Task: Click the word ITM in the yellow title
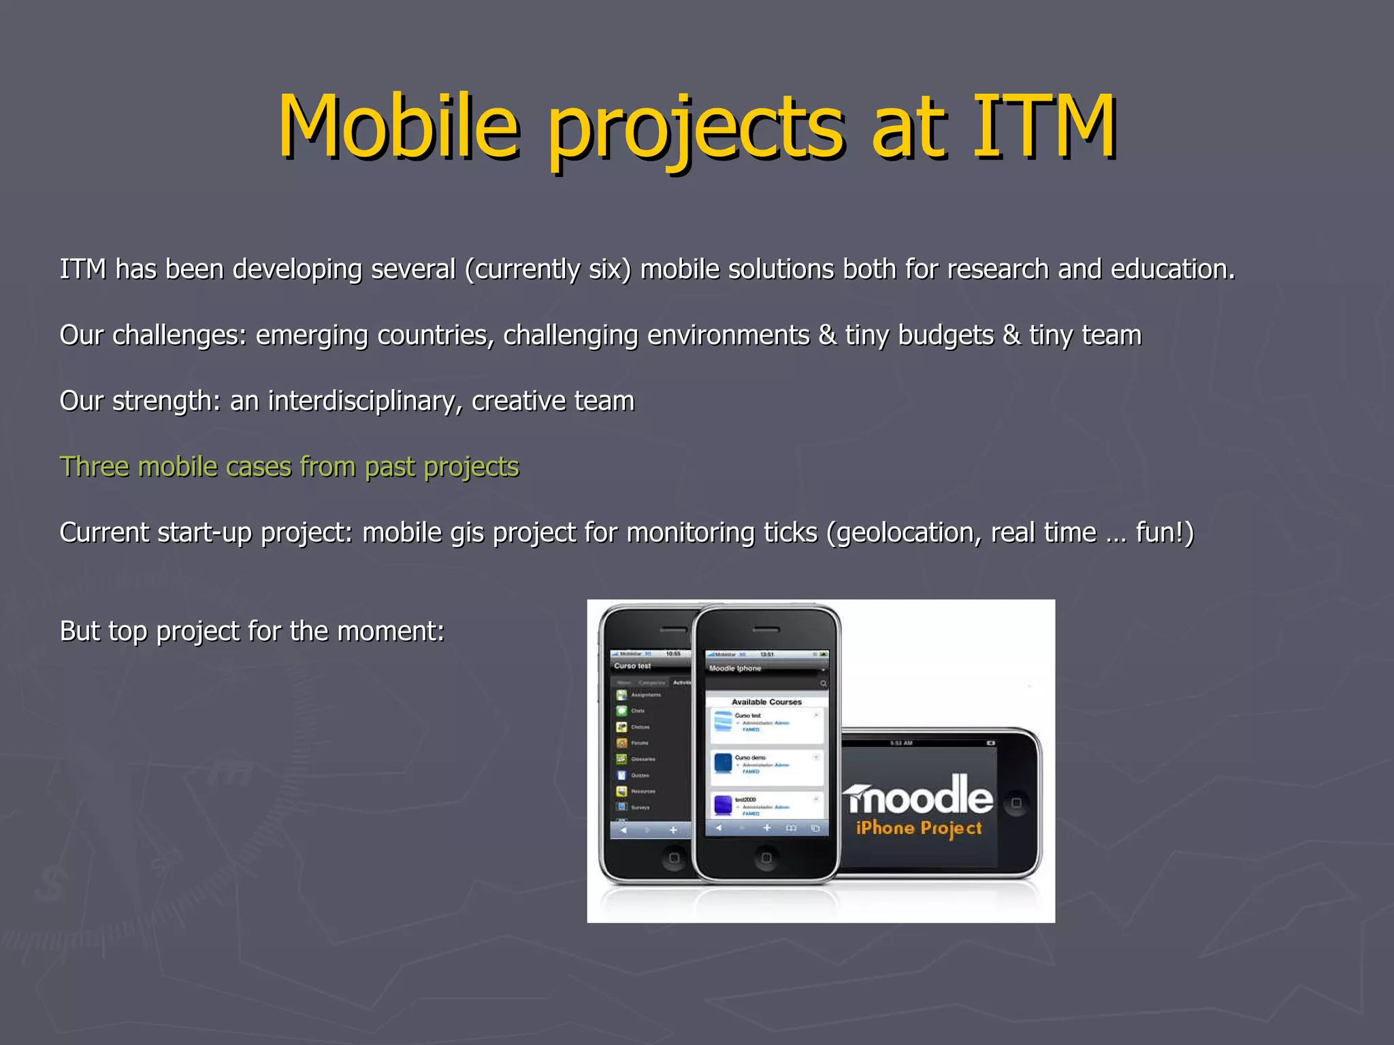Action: [x=1044, y=127]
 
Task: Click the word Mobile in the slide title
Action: [x=398, y=127]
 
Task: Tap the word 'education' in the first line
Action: [x=1172, y=269]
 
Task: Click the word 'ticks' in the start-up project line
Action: [x=790, y=533]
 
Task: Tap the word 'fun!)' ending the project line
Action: [x=1165, y=533]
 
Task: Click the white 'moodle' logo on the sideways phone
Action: [x=918, y=797]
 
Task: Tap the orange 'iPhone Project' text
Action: [x=919, y=828]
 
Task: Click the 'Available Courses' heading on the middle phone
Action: [x=766, y=701]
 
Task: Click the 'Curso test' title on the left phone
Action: [x=632, y=666]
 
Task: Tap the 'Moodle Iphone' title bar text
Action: [x=735, y=668]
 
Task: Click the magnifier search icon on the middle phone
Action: [x=823, y=683]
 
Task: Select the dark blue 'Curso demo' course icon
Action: [x=723, y=763]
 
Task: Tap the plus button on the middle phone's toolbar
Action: [x=767, y=828]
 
